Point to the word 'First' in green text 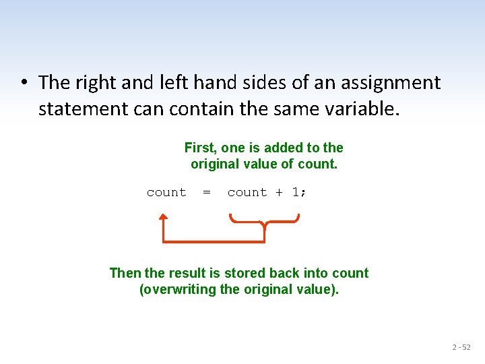200,148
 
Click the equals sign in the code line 207,192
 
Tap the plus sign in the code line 279,192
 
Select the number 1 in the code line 295,192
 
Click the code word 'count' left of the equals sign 166,192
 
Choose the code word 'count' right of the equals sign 247,192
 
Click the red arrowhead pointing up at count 163,218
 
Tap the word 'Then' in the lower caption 125,273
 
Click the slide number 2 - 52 461,347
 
